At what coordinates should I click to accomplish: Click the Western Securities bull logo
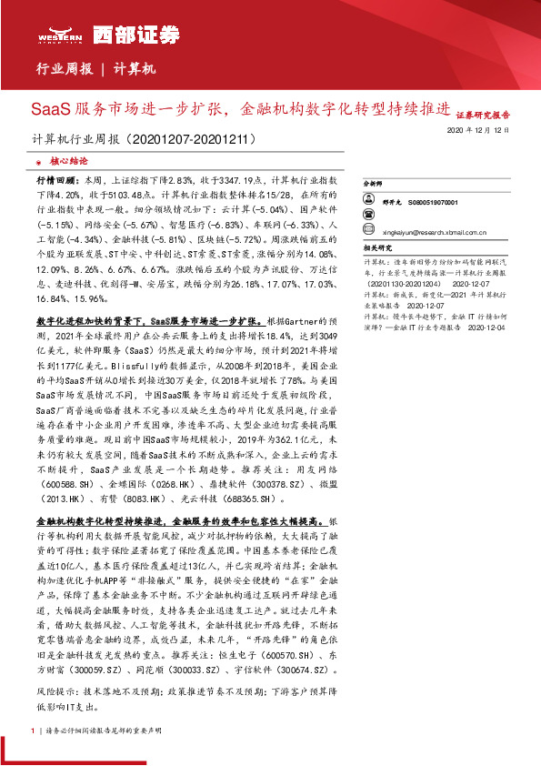coord(54,35)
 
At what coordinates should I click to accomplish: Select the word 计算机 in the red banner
coord(136,69)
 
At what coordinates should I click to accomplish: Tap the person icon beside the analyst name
coord(368,202)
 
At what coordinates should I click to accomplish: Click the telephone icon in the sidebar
coord(368,217)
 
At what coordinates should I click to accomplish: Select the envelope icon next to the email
coord(368,231)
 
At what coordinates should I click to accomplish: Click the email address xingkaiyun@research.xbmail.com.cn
coord(428,231)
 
